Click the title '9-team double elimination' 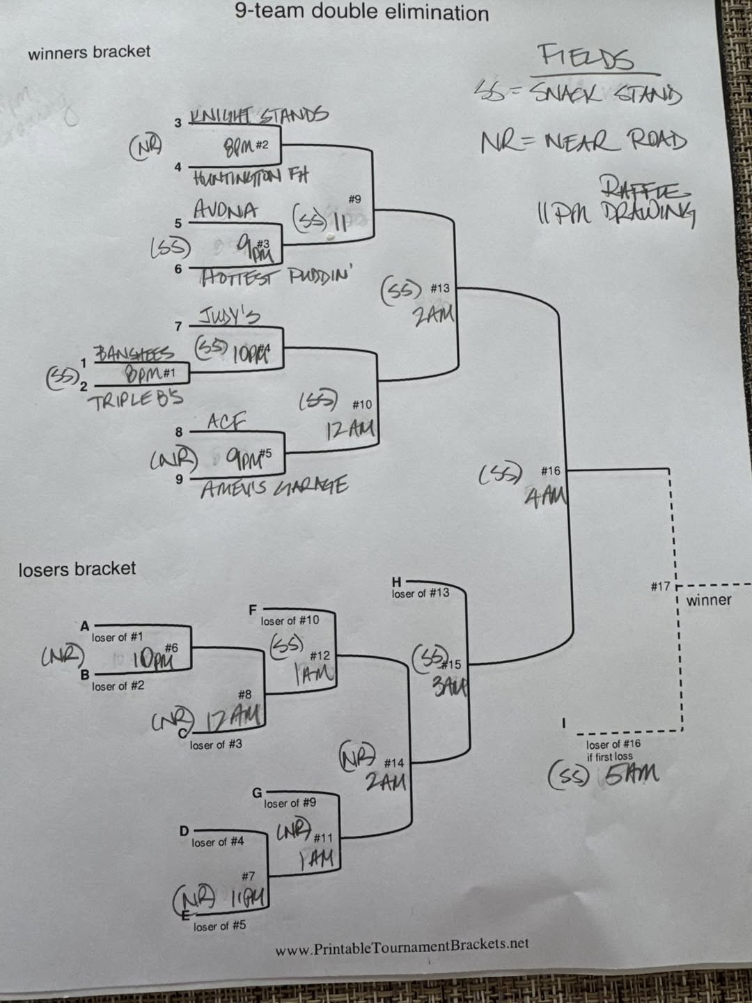click(x=361, y=12)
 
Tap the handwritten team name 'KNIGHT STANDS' click(x=259, y=115)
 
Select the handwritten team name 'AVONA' click(x=225, y=210)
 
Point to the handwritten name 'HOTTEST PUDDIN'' click(x=275, y=277)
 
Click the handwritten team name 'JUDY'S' click(x=230, y=317)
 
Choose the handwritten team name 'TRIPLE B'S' click(x=136, y=399)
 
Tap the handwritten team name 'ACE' click(x=227, y=421)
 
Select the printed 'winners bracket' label click(x=89, y=52)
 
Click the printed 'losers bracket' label click(x=77, y=568)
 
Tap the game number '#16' click(x=550, y=471)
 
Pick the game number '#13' click(x=439, y=288)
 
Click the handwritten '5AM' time click(x=632, y=774)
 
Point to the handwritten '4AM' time click(x=546, y=496)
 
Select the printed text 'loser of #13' click(x=420, y=593)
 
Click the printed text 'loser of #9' click(x=290, y=802)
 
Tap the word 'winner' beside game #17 click(x=709, y=600)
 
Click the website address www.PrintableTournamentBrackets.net click(x=402, y=945)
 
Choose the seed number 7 click(x=178, y=326)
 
